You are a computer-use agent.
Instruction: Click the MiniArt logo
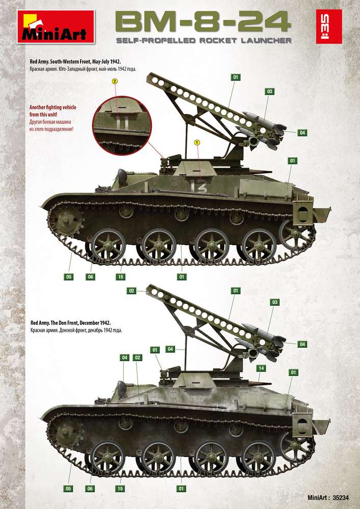pyautogui.click(x=56, y=26)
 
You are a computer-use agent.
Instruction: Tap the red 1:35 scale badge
pyautogui.click(x=329, y=26)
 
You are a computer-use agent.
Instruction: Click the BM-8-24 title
pyautogui.click(x=203, y=22)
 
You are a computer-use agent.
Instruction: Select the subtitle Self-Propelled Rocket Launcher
pyautogui.click(x=204, y=41)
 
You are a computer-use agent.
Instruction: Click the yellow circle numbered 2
pyautogui.click(x=115, y=81)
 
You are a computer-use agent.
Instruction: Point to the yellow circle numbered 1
pyautogui.click(x=198, y=143)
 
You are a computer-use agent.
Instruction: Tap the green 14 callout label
pyautogui.click(x=261, y=368)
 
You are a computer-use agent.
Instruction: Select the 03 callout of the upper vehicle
pyautogui.click(x=269, y=92)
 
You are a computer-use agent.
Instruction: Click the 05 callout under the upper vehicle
pyautogui.click(x=69, y=277)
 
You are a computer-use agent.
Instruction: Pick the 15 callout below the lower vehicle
pyautogui.click(x=120, y=489)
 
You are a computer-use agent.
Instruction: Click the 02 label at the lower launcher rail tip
pyautogui.click(x=131, y=291)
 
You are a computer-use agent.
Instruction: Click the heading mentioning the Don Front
pyautogui.click(x=70, y=323)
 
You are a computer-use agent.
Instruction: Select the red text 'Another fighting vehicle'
pyautogui.click(x=53, y=107)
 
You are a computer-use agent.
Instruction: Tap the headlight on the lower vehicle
pyautogui.click(x=122, y=388)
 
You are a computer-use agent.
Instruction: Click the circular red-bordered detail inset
pyautogui.click(x=122, y=126)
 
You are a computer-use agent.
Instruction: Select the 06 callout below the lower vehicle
pyautogui.click(x=90, y=489)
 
